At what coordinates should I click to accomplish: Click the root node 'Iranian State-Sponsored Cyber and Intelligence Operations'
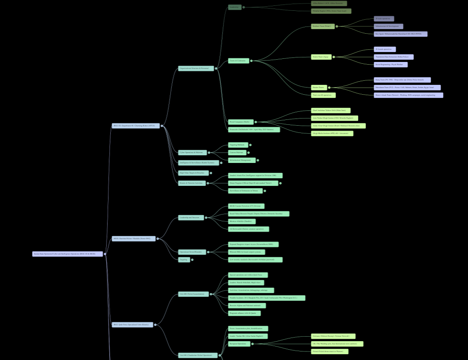click(67, 254)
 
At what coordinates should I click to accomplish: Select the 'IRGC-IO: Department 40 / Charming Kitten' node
click(136, 126)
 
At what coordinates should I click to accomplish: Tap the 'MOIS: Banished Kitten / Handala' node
click(133, 239)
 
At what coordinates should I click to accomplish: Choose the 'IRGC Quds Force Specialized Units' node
click(132, 325)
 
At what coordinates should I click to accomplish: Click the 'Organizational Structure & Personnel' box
click(196, 69)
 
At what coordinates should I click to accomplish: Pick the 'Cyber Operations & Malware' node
click(192, 153)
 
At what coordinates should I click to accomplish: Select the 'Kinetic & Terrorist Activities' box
click(192, 183)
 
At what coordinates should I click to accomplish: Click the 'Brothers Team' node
click(323, 26)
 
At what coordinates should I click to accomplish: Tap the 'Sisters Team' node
click(321, 57)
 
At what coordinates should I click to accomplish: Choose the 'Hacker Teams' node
click(319, 88)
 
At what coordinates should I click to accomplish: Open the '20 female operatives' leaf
click(385, 49)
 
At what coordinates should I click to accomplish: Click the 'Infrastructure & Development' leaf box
click(388, 26)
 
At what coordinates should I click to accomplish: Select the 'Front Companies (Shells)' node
click(241, 122)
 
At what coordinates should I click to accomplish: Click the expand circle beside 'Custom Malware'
click(249, 153)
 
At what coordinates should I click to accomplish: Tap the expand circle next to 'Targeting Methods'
click(250, 145)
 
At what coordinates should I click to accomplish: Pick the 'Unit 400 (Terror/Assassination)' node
click(193, 294)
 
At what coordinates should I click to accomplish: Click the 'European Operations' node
click(239, 344)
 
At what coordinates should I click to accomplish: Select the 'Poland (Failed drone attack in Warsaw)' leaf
click(330, 351)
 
